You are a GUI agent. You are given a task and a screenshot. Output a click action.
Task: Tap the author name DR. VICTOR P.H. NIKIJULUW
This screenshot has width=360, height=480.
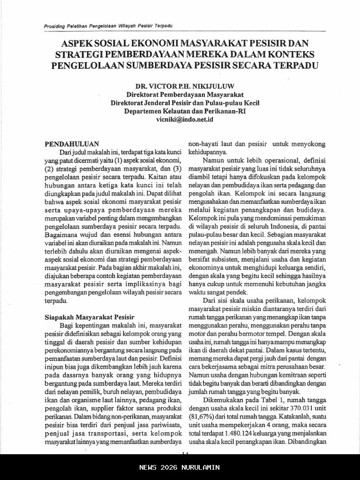pos(184,87)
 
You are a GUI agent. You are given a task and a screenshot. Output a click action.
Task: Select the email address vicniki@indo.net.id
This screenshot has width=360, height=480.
pos(184,120)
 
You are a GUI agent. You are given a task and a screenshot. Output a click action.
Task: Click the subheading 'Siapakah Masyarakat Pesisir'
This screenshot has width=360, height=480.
pos(89,316)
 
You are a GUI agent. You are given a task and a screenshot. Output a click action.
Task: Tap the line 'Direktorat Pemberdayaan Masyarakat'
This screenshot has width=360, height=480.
pos(184,95)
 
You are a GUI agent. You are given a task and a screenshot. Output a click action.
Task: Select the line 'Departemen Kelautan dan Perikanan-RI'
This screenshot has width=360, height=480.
pos(184,112)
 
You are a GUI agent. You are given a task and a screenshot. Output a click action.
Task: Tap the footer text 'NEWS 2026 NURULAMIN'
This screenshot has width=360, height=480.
pos(180,467)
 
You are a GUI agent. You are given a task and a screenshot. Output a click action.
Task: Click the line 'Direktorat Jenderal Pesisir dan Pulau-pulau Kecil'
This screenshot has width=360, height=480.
pos(184,103)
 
